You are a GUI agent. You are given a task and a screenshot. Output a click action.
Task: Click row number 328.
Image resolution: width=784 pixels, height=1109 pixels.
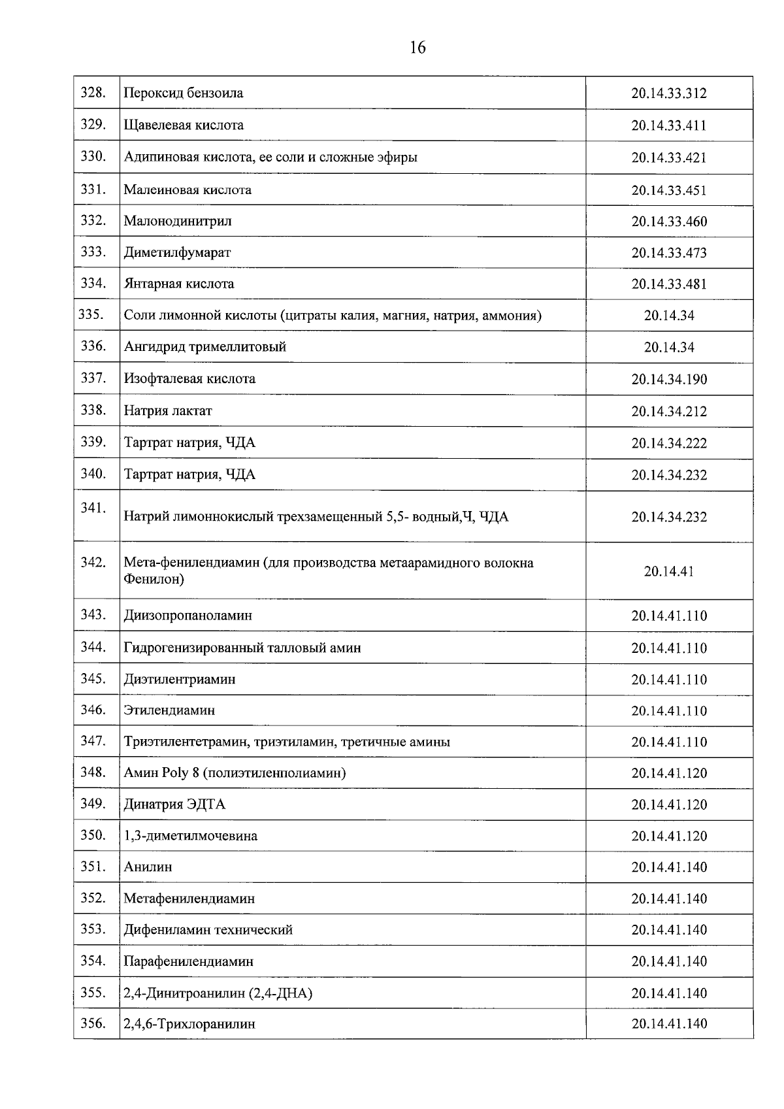coord(93,92)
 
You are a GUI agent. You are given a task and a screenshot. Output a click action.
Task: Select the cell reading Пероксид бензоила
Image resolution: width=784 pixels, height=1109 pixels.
coord(184,93)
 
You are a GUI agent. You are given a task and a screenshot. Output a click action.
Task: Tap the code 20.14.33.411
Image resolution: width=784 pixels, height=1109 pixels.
coord(669,125)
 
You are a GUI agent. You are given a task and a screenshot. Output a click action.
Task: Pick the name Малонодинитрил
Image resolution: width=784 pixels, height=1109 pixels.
coord(178,221)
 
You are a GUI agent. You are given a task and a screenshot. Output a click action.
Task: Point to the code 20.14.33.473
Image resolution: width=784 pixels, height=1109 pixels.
coord(669,253)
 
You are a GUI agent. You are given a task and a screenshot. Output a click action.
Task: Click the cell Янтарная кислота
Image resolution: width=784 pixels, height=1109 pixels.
coord(179,284)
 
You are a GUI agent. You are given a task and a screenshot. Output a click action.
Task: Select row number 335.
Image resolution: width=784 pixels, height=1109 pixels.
coord(91,314)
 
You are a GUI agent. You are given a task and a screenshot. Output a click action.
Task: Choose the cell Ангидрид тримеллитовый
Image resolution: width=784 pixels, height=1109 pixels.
coord(205,347)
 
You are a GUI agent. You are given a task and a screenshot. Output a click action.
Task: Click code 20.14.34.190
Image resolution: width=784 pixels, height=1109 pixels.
coord(669,380)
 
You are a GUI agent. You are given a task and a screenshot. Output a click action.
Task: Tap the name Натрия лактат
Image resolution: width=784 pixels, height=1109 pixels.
coord(168,411)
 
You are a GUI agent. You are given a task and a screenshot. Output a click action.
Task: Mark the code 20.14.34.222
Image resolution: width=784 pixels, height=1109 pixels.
coord(669,443)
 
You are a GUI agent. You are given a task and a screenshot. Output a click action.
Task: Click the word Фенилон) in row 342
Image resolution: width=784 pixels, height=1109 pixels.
coord(154,579)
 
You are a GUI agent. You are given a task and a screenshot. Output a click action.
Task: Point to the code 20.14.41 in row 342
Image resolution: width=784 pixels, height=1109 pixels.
coord(669,572)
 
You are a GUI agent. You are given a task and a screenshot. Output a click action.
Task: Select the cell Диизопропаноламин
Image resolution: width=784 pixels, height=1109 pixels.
coord(188,616)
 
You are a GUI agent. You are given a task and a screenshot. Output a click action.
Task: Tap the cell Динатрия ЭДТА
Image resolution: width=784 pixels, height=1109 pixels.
coord(174,804)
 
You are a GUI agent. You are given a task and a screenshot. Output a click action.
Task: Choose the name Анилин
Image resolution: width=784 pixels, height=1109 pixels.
coord(148,867)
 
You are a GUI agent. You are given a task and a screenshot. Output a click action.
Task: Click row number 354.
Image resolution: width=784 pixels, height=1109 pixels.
coord(93,961)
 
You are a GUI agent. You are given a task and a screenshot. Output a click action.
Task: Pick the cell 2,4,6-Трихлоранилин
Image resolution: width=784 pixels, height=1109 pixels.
coord(189,1024)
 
